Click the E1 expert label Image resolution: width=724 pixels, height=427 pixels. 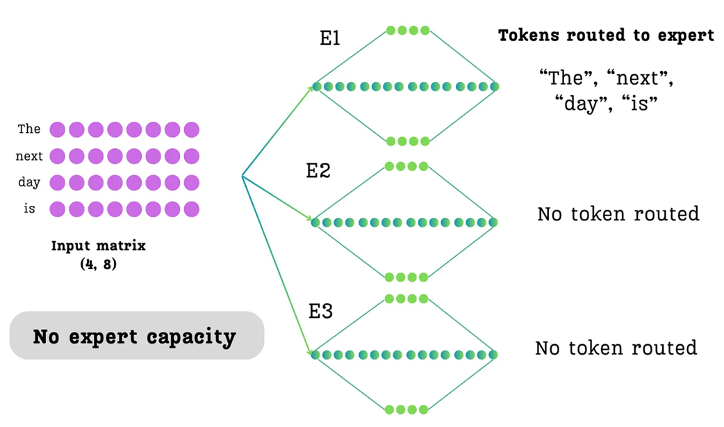point(329,38)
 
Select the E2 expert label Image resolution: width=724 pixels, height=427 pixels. point(318,170)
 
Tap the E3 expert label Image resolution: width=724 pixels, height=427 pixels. point(320,311)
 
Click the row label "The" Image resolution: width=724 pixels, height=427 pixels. point(29,129)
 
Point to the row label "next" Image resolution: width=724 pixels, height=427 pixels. point(29,156)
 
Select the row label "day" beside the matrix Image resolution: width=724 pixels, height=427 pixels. point(29,183)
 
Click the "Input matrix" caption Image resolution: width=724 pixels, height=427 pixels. point(99,246)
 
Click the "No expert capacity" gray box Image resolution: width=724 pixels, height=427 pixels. point(136,336)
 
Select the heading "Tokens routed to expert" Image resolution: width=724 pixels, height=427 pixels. point(606,36)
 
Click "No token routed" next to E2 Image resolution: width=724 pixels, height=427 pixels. point(618,213)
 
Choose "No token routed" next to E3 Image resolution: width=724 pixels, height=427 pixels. point(616,347)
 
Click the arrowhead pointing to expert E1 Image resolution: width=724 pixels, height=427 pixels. point(311,88)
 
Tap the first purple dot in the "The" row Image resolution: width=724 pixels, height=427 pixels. point(58,129)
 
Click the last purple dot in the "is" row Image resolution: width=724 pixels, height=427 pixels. point(191,209)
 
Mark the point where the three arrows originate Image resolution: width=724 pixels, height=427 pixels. point(241,177)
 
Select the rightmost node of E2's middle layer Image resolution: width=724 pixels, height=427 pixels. point(494,223)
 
